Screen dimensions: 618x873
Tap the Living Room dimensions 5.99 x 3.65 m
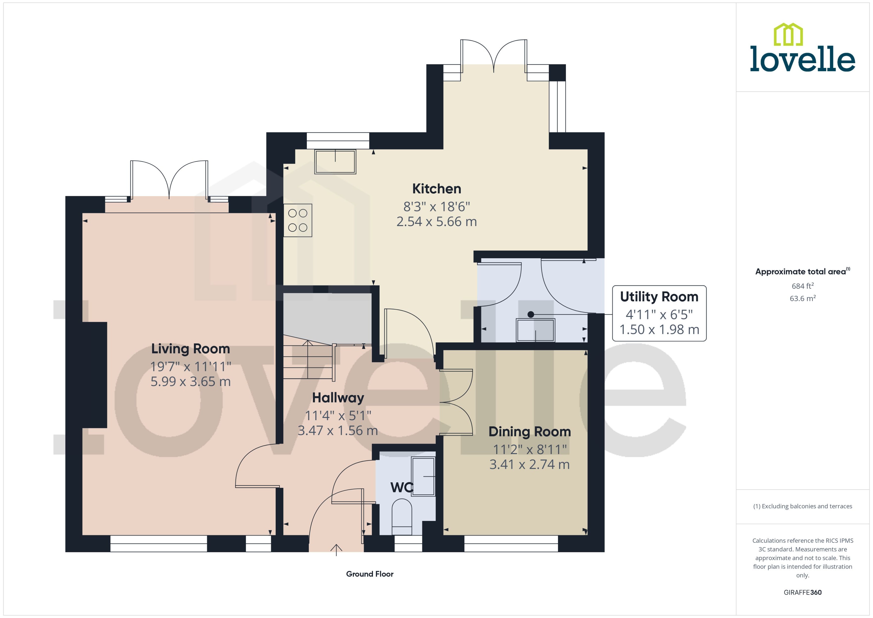click(191, 381)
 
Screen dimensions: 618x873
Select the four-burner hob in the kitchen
click(298, 220)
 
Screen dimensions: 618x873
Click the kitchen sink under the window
click(335, 162)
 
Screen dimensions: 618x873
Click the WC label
click(401, 488)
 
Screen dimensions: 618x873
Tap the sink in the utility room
click(535, 330)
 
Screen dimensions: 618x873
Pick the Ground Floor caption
click(369, 574)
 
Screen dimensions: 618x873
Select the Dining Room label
click(530, 432)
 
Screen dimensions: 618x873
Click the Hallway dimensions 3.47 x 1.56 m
click(337, 430)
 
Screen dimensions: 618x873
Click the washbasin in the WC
click(423, 477)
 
